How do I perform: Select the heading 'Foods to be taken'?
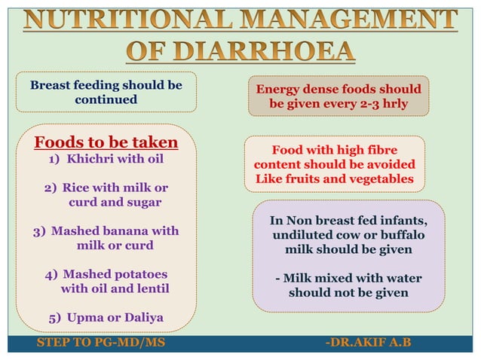pos(106,142)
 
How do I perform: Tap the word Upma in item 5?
pos(84,317)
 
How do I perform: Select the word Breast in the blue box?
pos(54,85)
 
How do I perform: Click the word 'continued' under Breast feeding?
pos(106,99)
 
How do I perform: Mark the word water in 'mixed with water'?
pos(401,278)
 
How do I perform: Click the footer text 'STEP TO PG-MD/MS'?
pos(100,344)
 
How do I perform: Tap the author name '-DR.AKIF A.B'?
pos(368,344)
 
